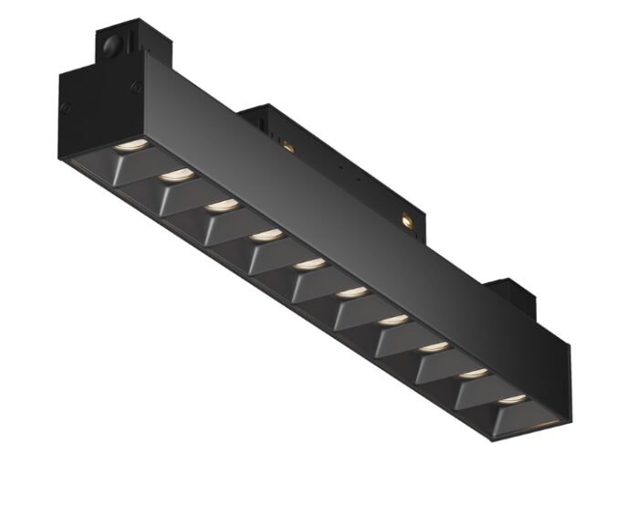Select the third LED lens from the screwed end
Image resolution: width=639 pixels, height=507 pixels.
click(220, 205)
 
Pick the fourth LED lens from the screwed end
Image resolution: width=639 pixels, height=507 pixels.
click(264, 236)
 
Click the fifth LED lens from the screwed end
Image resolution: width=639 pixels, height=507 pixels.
click(307, 265)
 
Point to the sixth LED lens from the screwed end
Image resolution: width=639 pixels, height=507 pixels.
click(350, 292)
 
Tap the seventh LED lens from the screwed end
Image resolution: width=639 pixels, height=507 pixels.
click(393, 320)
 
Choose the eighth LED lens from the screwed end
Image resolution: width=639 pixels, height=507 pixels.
click(435, 347)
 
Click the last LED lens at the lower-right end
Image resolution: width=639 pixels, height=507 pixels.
click(512, 400)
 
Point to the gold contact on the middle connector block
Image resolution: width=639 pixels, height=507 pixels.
click(289, 145)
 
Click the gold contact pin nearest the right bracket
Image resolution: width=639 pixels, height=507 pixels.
click(405, 219)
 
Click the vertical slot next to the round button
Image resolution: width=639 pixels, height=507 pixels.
click(131, 42)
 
